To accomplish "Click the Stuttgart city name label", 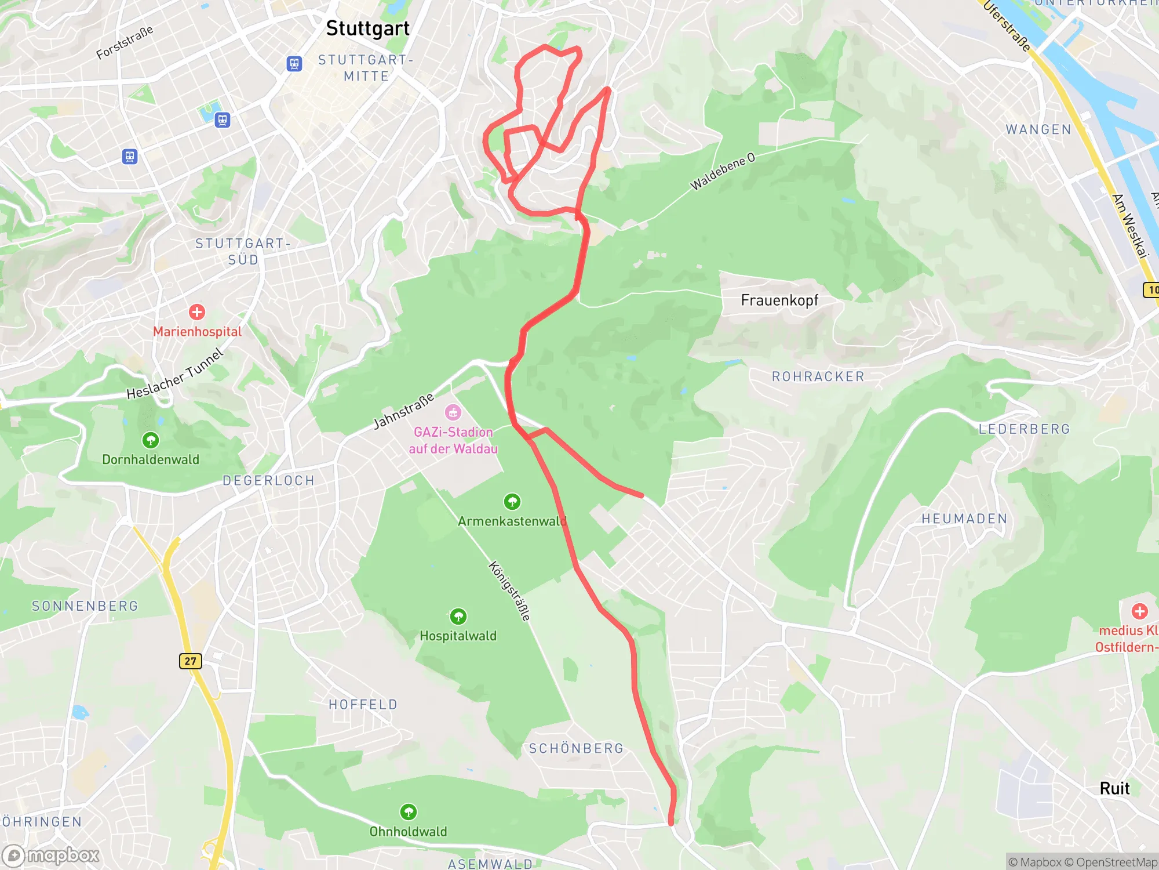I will tap(367, 28).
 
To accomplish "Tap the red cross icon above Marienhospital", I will tap(197, 312).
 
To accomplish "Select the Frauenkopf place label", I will tap(779, 300).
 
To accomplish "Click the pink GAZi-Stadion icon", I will tap(453, 412).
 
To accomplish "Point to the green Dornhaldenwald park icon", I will tap(151, 440).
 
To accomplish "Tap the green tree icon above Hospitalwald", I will tap(458, 616).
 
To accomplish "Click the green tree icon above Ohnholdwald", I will tap(409, 811).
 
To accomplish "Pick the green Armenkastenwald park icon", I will tap(512, 501).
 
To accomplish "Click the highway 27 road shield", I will tap(190, 661).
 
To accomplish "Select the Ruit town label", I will tap(1114, 789).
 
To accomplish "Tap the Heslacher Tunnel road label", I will tap(175, 375).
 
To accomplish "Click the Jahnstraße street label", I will tap(403, 411).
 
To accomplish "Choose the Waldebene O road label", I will tap(723, 171).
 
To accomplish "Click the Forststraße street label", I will tap(125, 42).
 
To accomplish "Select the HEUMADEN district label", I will tap(964, 519).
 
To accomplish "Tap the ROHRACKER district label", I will tap(818, 376).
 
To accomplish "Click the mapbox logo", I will tap(52, 855).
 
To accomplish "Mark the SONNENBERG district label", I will tap(85, 606).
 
